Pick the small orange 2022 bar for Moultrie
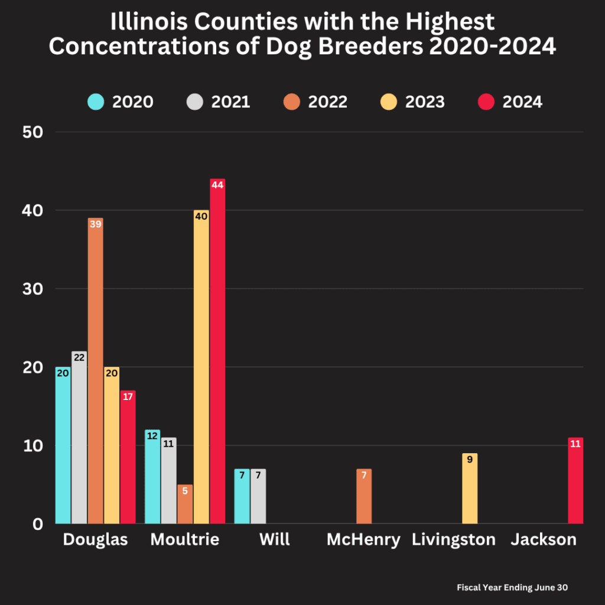[x=185, y=505]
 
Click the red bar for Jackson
[x=575, y=482]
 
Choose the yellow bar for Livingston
[x=470, y=489]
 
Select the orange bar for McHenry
[x=364, y=497]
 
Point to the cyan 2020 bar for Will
[x=242, y=497]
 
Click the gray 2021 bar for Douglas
[x=79, y=438]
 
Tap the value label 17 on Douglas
[x=128, y=396]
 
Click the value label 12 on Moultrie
[x=152, y=436]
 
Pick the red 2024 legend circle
[x=485, y=102]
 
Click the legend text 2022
[x=327, y=102]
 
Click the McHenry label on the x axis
[x=363, y=539]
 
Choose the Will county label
[x=274, y=539]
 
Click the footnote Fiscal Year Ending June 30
[x=512, y=588]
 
